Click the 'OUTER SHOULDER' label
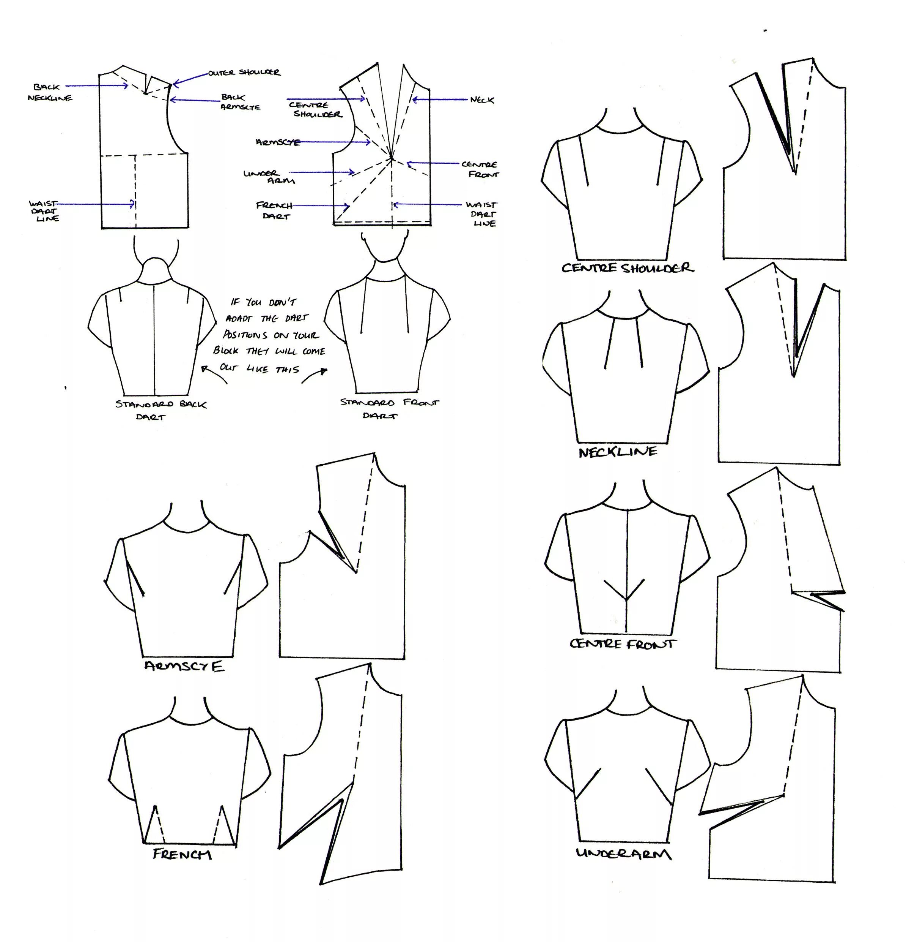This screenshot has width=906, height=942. click(244, 73)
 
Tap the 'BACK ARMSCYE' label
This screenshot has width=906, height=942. click(240, 102)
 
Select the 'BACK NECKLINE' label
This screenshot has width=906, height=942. click(49, 92)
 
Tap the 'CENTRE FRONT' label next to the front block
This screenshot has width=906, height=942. click(480, 169)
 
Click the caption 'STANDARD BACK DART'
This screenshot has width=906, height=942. click(160, 410)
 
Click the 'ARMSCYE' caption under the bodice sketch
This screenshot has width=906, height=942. click(184, 666)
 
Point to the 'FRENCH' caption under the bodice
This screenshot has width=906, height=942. click(182, 854)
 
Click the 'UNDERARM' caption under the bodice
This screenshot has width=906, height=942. click(624, 854)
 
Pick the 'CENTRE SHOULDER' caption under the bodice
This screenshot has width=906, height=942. click(628, 268)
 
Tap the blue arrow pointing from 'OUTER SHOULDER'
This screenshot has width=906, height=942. click(190, 78)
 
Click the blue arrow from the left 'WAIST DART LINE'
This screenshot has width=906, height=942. click(96, 204)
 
